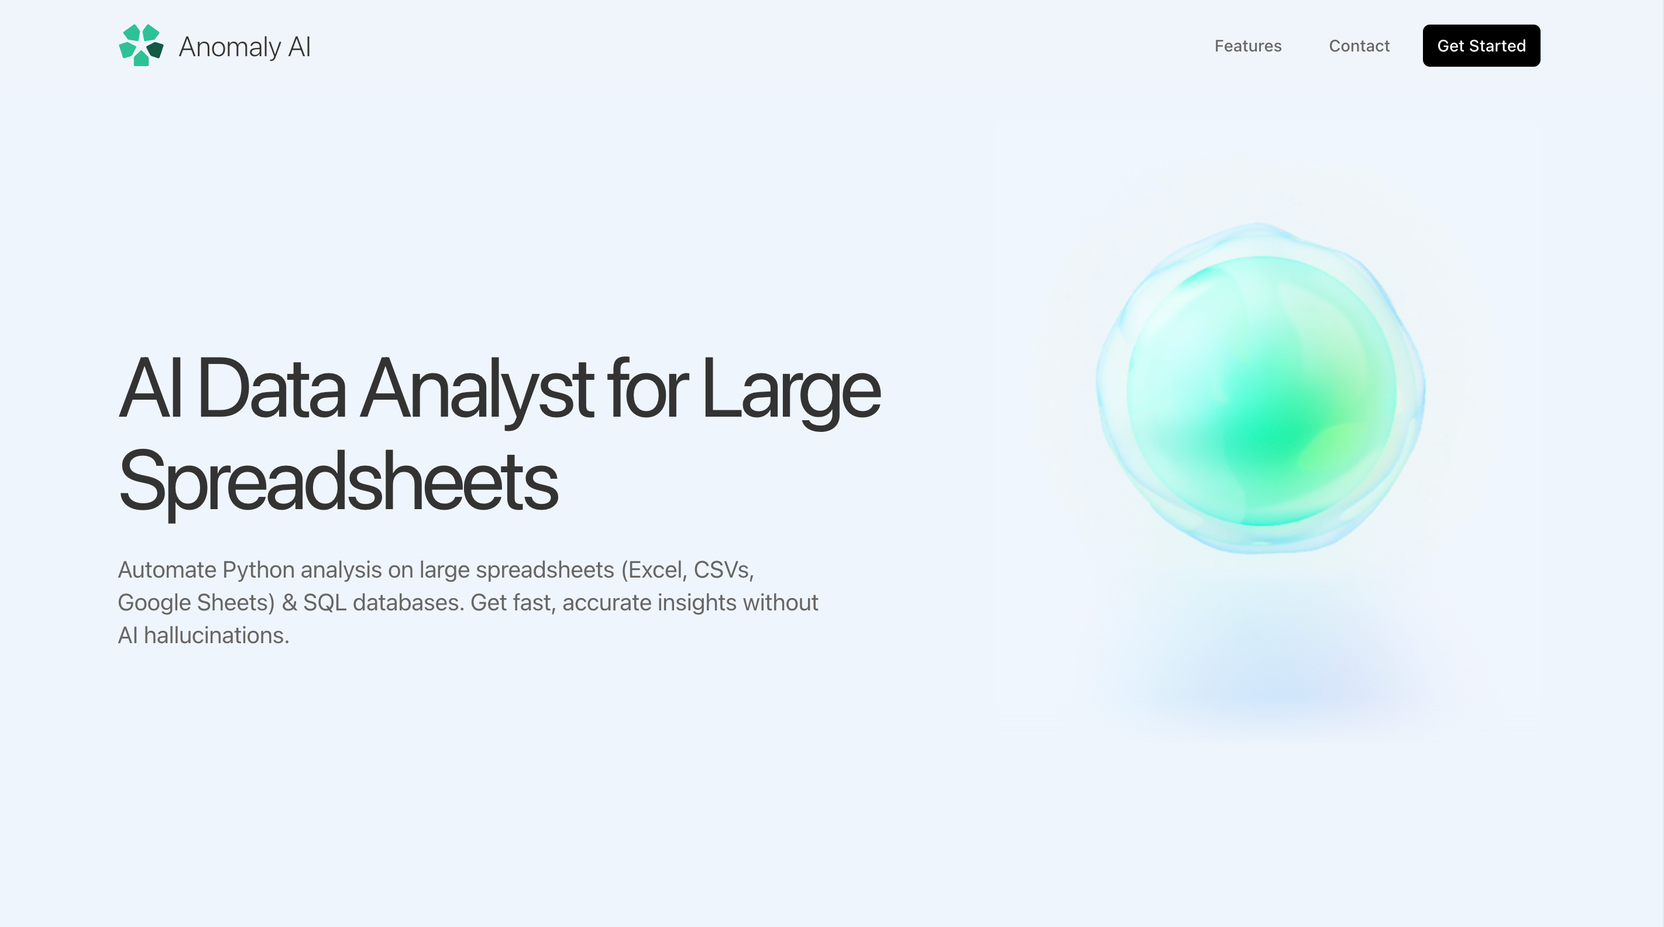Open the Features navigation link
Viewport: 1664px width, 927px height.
pos(1247,46)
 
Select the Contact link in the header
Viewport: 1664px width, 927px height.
pos(1359,46)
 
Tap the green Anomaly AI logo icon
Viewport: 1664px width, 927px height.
pos(141,45)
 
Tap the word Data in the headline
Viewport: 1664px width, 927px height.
pos(271,388)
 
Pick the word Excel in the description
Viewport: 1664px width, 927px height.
pos(654,570)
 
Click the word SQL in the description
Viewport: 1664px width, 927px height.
pos(325,603)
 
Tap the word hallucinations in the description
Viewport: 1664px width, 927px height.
pos(216,636)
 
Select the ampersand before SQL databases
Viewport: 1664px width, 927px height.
pos(289,603)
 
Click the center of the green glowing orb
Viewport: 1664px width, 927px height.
pos(1260,388)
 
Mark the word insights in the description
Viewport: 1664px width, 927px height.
pos(697,603)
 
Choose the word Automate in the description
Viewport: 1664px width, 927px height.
pos(167,570)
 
